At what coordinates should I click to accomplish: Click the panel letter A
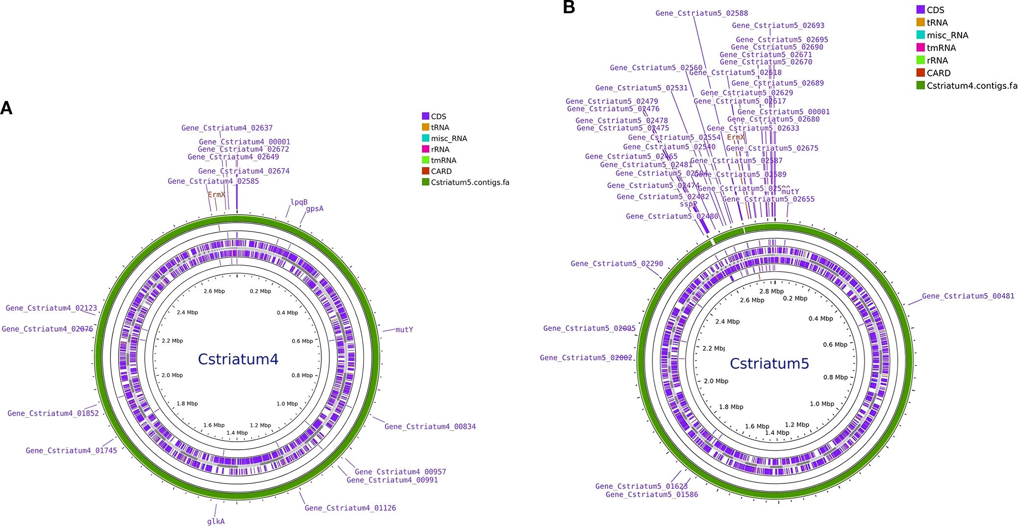tap(6, 108)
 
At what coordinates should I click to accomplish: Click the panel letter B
tap(569, 7)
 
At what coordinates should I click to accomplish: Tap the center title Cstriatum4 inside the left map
tap(238, 359)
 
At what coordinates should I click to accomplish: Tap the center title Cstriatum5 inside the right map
tap(769, 363)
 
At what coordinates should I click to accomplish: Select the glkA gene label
tap(216, 521)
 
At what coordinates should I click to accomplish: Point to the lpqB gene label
tap(299, 202)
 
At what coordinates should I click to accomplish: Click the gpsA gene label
tap(315, 209)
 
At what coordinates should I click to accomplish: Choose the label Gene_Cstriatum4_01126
tap(350, 508)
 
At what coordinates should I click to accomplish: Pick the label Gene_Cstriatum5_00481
tap(968, 296)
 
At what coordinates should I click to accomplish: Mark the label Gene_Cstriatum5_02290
tap(617, 264)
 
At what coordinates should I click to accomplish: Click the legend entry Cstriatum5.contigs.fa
tap(470, 182)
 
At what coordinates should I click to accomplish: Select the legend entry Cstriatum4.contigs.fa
tap(971, 86)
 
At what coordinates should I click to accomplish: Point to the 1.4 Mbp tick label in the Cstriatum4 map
tap(237, 433)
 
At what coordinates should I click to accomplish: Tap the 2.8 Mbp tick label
tap(771, 291)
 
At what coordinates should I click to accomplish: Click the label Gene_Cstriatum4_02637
tap(227, 128)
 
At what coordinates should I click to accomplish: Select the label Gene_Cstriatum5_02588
tap(701, 13)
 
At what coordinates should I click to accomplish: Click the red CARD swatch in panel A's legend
tap(425, 171)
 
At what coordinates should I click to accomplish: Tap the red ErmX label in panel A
tap(216, 195)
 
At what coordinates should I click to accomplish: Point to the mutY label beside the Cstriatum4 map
tap(404, 329)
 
